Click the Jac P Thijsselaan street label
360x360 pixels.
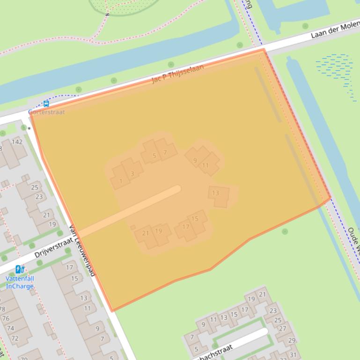[178, 74]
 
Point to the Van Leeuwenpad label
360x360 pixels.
[82, 251]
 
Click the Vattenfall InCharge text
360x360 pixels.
[20, 282]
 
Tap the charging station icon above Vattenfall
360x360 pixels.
[20, 269]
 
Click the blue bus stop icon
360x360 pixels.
[46, 104]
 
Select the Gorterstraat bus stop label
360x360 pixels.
[47, 112]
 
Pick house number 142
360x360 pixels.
[17, 142]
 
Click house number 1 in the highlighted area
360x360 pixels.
[121, 181]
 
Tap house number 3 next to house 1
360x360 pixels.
[132, 174]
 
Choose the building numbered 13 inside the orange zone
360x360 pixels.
[215, 193]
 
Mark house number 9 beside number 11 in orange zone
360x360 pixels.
[195, 161]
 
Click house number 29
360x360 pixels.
[292, 340]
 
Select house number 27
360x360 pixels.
[282, 329]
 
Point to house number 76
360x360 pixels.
[6, 318]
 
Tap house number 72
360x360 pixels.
[15, 338]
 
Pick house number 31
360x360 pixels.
[293, 355]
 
